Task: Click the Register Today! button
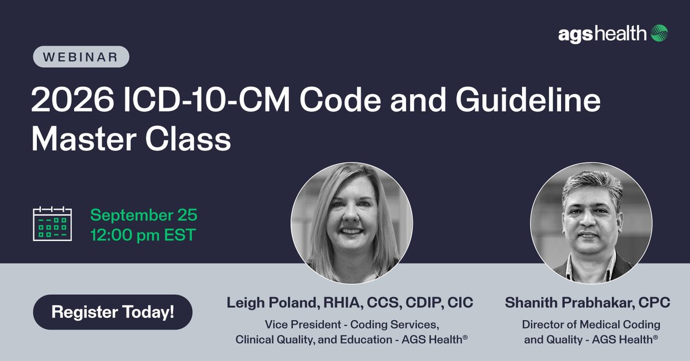pos(113,312)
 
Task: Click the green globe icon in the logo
pos(659,33)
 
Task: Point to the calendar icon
pos(52,223)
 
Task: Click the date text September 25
pos(144,216)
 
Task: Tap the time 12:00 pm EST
pos(143,234)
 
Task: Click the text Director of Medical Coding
pos(591,324)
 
